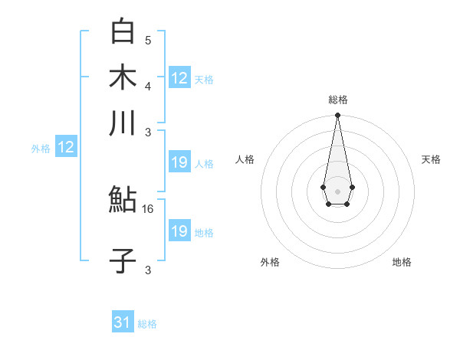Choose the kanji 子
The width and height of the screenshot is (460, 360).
(123, 260)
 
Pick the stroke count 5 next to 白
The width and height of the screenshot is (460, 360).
(148, 40)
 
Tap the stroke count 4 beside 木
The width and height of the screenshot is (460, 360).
(148, 85)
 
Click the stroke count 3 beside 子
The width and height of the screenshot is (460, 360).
(148, 270)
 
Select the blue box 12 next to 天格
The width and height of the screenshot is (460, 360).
(179, 77)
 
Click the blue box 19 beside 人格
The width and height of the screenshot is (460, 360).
(179, 162)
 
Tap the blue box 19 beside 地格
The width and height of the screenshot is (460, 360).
(179, 231)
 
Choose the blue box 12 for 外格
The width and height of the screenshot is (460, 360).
(66, 148)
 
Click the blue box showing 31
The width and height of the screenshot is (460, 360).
(123, 322)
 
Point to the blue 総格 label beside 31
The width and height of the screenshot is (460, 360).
(147, 324)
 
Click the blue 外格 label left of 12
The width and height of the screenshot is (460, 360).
(41, 149)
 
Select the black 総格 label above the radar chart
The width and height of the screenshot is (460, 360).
(337, 100)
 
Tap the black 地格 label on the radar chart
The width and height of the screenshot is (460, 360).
(402, 263)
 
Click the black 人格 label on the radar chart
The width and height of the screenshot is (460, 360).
(245, 159)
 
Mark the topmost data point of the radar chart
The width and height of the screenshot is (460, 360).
(337, 116)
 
